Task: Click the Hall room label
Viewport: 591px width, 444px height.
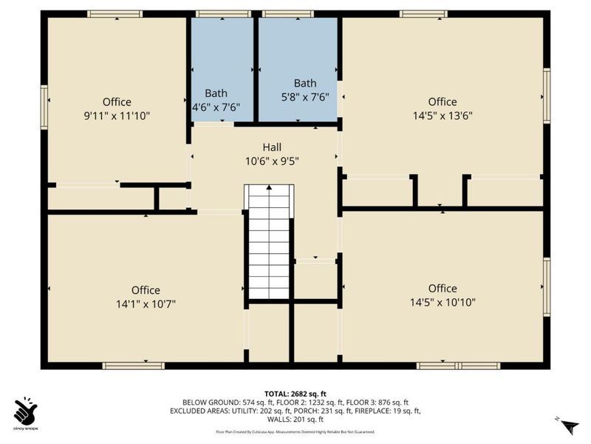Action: point(271,147)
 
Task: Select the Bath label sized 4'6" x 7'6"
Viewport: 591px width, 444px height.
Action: point(216,93)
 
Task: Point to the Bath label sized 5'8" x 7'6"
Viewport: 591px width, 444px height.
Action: point(305,83)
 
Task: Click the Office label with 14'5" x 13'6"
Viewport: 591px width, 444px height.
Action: point(443,102)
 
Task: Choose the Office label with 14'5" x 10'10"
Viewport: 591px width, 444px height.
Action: point(443,289)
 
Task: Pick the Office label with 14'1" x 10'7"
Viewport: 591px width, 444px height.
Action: point(146,290)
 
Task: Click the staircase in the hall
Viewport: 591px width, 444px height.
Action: point(269,240)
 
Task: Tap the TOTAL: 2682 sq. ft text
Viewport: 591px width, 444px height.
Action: point(295,394)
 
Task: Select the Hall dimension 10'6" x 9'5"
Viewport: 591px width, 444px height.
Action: point(271,160)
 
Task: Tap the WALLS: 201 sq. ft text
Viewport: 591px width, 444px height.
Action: point(295,419)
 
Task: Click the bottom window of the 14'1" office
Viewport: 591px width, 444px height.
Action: point(133,366)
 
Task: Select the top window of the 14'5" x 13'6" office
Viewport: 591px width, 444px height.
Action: point(423,13)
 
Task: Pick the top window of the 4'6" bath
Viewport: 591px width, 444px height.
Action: point(222,13)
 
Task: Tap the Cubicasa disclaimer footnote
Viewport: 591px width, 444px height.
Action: point(295,431)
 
